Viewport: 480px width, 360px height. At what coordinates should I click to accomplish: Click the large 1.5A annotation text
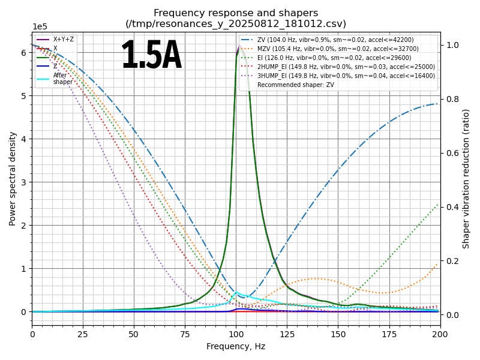[151, 56]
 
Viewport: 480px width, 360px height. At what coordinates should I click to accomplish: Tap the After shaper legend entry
[63, 79]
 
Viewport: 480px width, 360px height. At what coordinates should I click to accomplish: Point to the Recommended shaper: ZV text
[295, 85]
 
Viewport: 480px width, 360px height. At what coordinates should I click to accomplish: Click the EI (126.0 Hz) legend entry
[336, 58]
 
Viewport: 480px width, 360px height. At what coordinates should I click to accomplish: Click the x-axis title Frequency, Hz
[236, 347]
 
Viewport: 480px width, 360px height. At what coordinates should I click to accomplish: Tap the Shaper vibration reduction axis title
[466, 178]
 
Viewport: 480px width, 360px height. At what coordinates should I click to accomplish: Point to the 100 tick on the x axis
[236, 334]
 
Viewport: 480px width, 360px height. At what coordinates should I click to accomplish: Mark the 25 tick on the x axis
[83, 334]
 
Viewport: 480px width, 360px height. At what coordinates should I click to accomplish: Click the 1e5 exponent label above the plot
[40, 27]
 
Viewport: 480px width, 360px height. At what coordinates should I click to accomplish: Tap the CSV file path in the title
[236, 24]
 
